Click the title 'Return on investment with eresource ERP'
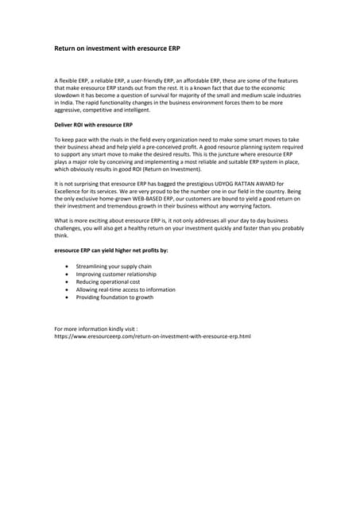coord(117,49)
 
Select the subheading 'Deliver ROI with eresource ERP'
coord(92,126)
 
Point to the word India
coord(64,103)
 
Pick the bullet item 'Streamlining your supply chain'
coord(113,266)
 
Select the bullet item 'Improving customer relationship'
coord(116,274)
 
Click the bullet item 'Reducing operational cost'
coord(107,282)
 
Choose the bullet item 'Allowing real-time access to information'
coord(126,289)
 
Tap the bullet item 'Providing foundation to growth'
coord(114,297)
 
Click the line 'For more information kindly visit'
coord(96,328)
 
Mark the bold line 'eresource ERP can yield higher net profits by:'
coord(110,251)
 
